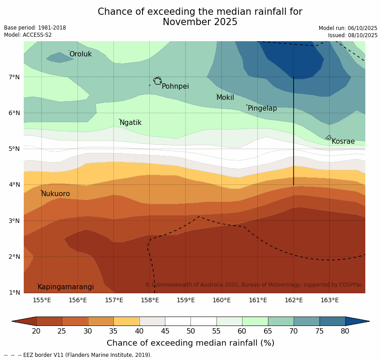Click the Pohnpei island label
(175, 86)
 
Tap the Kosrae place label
(343, 141)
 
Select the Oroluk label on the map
(80, 54)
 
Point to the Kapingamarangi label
(65, 287)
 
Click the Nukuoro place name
(56, 194)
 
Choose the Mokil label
(225, 98)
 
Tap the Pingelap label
(262, 108)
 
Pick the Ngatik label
(130, 123)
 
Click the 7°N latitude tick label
(14, 77)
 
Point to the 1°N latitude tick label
(14, 293)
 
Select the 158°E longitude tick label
(150, 300)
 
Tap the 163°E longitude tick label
(329, 300)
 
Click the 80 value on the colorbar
(345, 331)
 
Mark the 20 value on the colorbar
(36, 331)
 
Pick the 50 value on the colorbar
(190, 331)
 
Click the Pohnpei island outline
(157, 81)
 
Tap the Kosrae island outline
(329, 137)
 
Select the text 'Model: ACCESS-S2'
(28, 35)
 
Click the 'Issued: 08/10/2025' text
(352, 35)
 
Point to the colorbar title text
(190, 343)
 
